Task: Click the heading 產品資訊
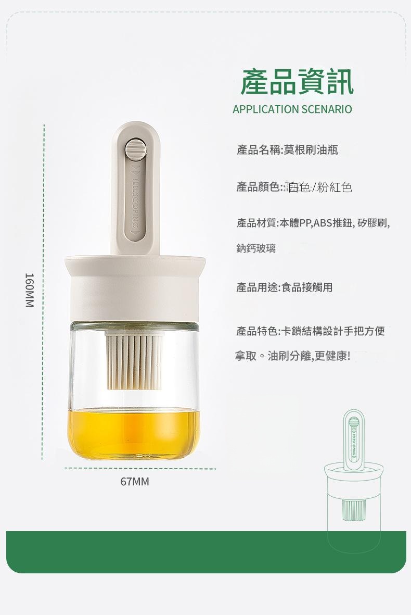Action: point(297,82)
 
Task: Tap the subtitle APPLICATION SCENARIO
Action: point(292,109)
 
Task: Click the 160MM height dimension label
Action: point(30,290)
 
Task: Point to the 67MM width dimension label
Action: point(134,482)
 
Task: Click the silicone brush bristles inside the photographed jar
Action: point(134,360)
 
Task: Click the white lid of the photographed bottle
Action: point(135,287)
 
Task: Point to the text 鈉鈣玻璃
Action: point(256,248)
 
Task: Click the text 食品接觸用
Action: point(307,287)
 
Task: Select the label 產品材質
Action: point(256,223)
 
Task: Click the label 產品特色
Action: point(256,331)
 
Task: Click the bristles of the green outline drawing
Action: point(353,510)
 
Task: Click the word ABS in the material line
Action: point(323,223)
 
